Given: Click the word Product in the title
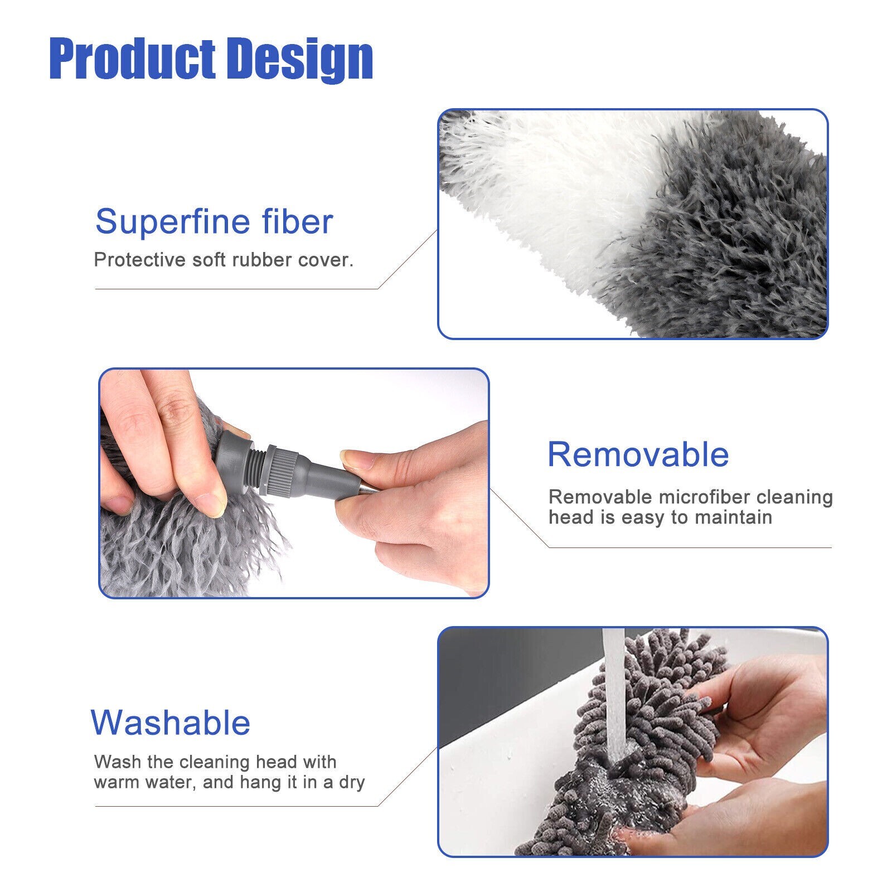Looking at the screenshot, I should (x=132, y=59).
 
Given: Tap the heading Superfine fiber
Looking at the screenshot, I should (x=214, y=221).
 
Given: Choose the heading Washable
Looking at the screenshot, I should (x=170, y=723).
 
